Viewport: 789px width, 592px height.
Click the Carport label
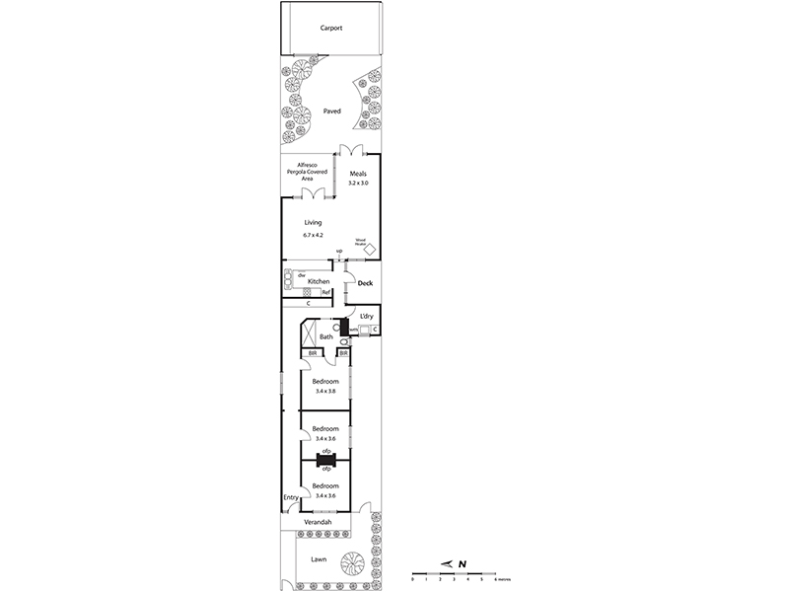pyautogui.click(x=331, y=29)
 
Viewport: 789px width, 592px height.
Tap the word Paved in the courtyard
pyautogui.click(x=331, y=111)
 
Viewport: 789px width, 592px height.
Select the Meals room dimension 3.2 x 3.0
pyautogui.click(x=357, y=183)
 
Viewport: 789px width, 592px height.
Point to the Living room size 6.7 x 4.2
pyautogui.click(x=313, y=235)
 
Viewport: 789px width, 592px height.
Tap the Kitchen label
pyautogui.click(x=318, y=282)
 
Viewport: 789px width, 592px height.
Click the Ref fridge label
pyautogui.click(x=325, y=293)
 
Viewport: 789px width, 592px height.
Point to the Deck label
pyautogui.click(x=365, y=284)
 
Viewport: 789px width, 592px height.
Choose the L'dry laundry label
pyautogui.click(x=366, y=316)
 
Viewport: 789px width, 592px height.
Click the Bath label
pyautogui.click(x=325, y=336)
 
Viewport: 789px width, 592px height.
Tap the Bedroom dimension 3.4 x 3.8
pyautogui.click(x=325, y=392)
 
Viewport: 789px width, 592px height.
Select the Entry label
pyautogui.click(x=291, y=497)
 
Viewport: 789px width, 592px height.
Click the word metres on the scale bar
pyautogui.click(x=503, y=580)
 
